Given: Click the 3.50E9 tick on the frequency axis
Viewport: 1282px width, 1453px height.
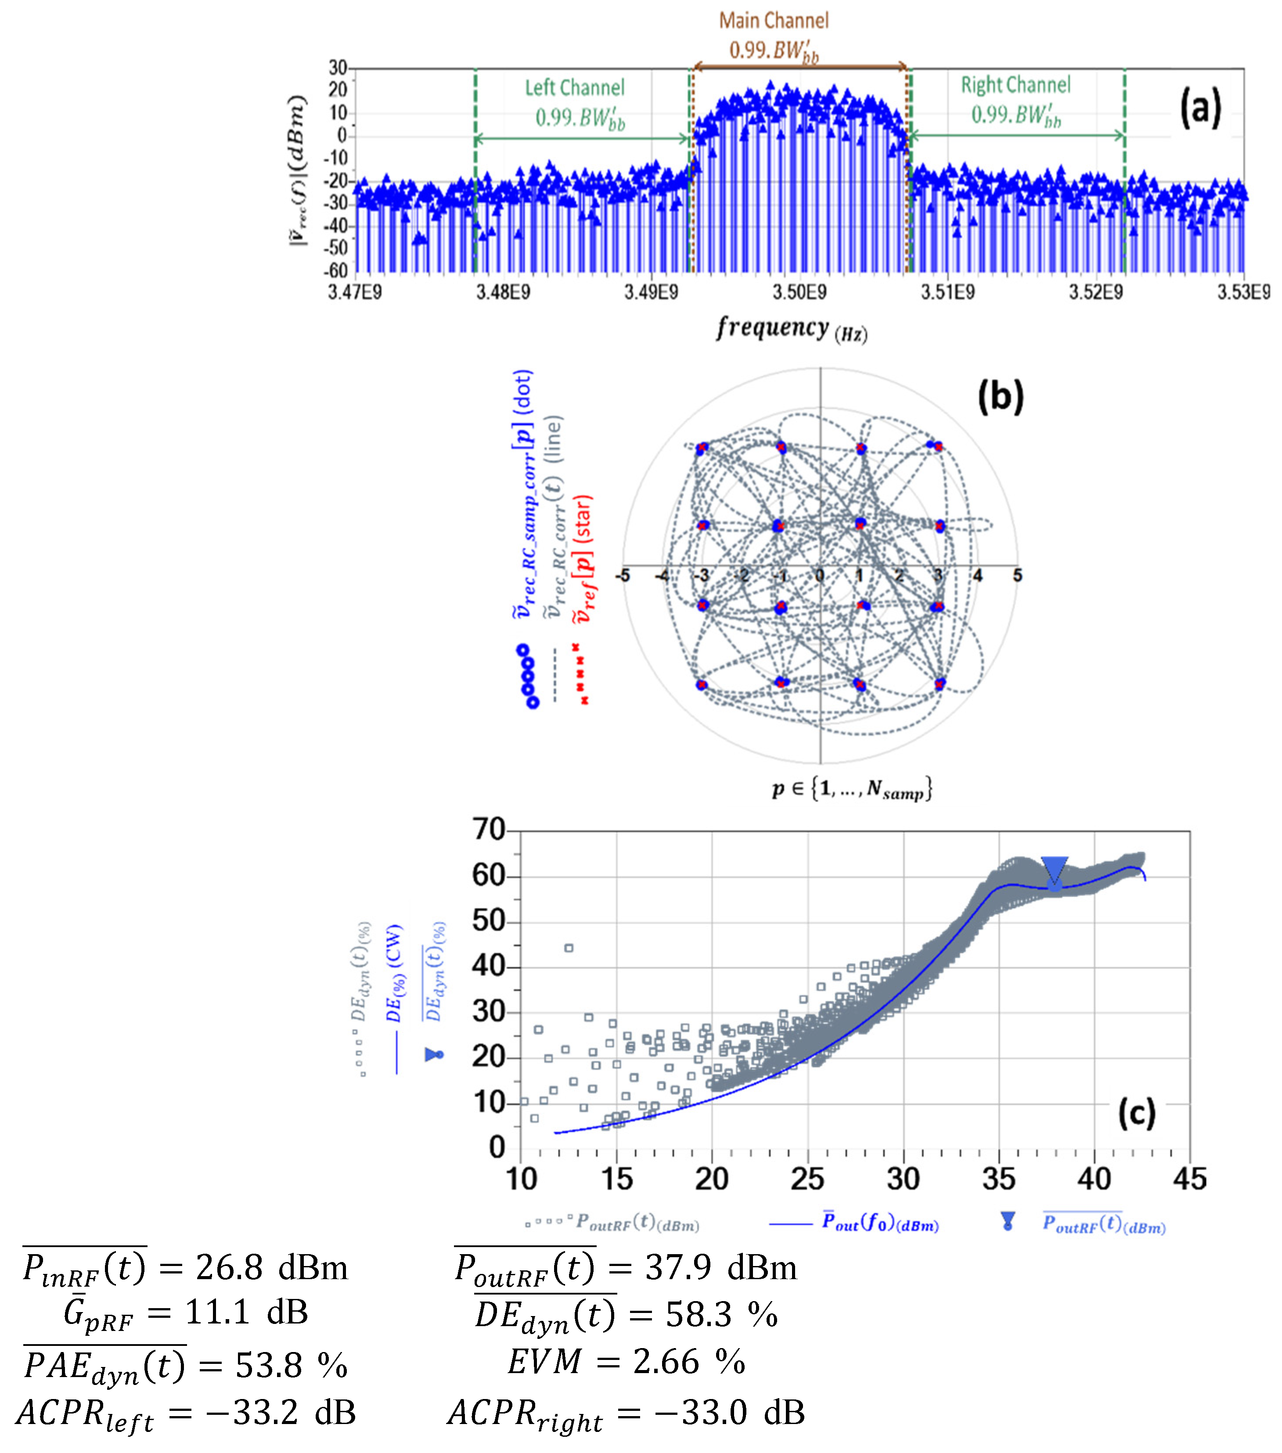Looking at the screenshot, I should (799, 292).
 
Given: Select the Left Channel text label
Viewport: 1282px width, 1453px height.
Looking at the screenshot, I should (575, 88).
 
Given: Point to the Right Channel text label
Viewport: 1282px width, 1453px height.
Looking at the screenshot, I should (1016, 85).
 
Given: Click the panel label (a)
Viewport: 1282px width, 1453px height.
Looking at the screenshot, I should (1200, 108).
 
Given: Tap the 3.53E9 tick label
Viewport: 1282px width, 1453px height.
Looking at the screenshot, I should (1243, 292).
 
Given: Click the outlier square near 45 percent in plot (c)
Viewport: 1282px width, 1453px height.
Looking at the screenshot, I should (568, 948).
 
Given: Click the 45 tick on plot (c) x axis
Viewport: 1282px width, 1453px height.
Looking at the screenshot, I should (1189, 1180).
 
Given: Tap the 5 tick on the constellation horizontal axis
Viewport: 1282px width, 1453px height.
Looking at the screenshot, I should (1017, 575).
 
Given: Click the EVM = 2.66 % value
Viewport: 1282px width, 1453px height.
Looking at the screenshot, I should (626, 1362).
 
